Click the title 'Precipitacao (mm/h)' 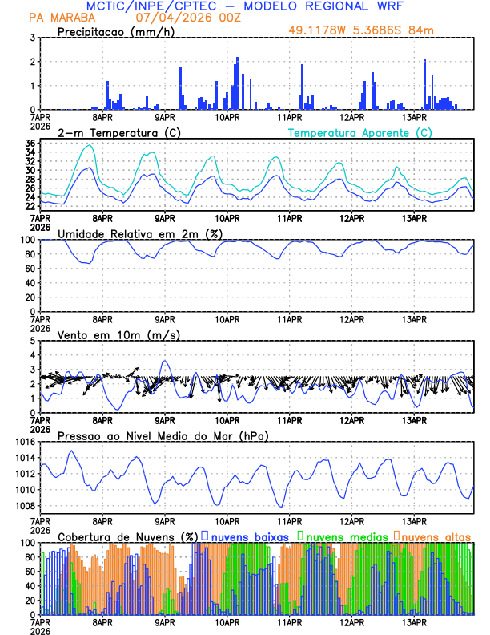pos(115,31)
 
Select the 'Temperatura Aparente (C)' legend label pos(359,132)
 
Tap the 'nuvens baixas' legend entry pos(243,536)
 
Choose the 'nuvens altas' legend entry pos(435,536)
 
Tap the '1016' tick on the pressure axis pos(25,442)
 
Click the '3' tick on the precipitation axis pos(32,38)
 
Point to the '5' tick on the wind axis pos(32,341)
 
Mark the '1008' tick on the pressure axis pos(25,505)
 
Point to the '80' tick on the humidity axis pos(30,254)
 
